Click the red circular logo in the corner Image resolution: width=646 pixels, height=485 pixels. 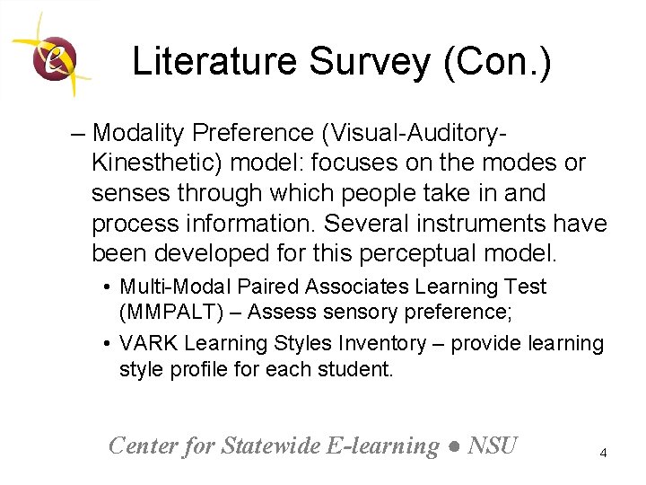click(53, 57)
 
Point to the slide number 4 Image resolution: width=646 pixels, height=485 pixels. click(603, 454)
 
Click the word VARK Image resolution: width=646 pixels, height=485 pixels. click(147, 343)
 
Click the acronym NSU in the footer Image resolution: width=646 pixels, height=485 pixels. click(493, 445)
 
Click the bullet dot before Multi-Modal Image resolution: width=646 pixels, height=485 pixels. click(107, 287)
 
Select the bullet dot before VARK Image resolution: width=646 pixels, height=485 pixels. click(107, 344)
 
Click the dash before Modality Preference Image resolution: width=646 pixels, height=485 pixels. click(78, 134)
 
